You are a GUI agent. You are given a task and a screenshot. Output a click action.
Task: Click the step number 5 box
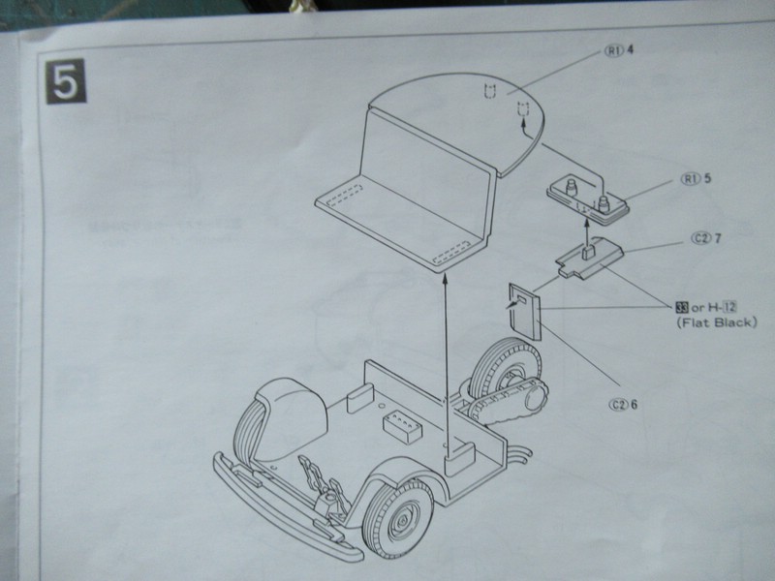pos(66,81)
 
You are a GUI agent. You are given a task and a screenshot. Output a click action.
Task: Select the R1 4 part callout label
pos(619,50)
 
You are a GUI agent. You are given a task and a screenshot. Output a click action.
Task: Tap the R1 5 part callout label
pos(696,178)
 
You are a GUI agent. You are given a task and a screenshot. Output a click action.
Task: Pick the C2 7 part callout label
pos(706,238)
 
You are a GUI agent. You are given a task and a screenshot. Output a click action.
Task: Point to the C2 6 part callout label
pos(623,405)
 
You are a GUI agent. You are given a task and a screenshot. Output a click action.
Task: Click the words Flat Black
pos(716,322)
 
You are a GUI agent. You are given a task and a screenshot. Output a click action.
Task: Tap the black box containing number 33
pos(682,307)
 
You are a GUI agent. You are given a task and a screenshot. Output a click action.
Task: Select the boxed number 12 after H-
pos(729,307)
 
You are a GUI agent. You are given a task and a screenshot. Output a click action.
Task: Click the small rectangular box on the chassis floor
pos(402,426)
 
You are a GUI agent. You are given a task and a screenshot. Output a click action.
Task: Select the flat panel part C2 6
pos(524,311)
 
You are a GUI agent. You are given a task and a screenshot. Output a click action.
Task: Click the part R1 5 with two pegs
pos(588,199)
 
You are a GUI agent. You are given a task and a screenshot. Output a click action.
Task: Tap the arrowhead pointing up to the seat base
pos(445,280)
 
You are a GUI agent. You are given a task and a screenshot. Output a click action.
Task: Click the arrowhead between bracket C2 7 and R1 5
pos(587,225)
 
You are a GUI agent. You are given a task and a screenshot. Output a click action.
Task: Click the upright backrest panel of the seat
pos(427,168)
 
